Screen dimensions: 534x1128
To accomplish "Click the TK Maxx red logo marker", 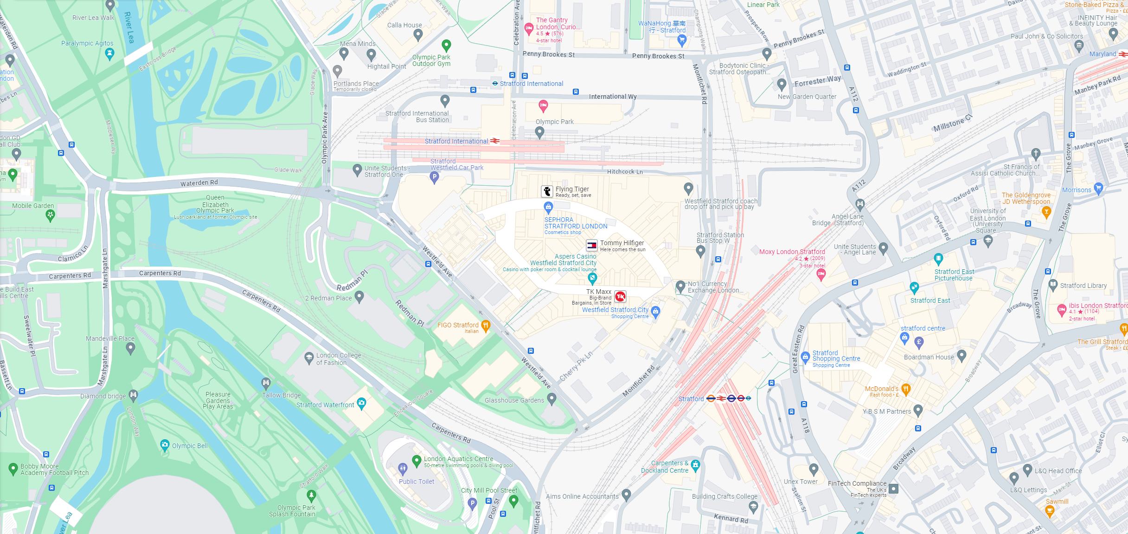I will point(620,296).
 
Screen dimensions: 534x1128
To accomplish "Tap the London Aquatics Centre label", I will point(458,459).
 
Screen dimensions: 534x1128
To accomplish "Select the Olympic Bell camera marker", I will point(165,445).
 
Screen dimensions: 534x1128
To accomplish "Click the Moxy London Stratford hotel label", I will point(792,252).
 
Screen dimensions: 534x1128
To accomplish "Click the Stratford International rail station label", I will point(456,141).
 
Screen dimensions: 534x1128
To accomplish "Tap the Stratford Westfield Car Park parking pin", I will point(434,176).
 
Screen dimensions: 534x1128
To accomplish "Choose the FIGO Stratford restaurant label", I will point(457,325).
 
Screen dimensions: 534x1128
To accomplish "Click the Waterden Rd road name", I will point(199,183).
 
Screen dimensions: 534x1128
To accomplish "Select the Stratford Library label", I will point(1083,286).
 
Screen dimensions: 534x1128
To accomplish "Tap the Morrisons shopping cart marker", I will point(1098,188).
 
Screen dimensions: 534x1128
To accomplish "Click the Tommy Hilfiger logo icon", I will point(592,245).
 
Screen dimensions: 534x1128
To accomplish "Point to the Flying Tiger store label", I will point(572,189).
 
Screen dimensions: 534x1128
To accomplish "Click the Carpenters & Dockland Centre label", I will point(665,467).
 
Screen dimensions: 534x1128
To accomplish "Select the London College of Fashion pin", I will point(309,357).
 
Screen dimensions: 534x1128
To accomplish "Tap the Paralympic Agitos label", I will point(87,43).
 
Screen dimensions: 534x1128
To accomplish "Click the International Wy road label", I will point(612,97).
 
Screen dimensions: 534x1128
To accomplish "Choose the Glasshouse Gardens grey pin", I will point(551,398).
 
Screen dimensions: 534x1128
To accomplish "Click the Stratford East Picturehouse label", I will point(954,275).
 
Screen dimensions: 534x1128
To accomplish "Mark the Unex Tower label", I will point(801,482).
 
